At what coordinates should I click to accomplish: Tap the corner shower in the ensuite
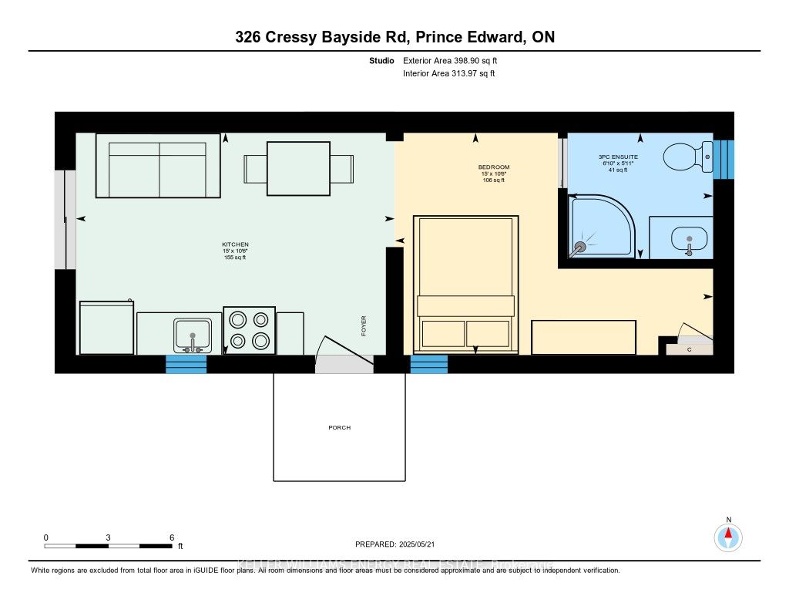pyautogui.click(x=601, y=224)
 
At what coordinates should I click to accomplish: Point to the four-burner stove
pyautogui.click(x=249, y=330)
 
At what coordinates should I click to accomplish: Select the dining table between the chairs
pyautogui.click(x=298, y=168)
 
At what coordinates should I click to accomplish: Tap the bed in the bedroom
pyautogui.click(x=465, y=284)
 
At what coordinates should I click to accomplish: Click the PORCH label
pyautogui.click(x=339, y=427)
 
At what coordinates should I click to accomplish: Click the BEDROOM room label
pyautogui.click(x=493, y=167)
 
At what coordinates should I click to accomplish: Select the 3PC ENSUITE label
pyautogui.click(x=618, y=157)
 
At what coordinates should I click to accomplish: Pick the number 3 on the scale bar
pyautogui.click(x=109, y=538)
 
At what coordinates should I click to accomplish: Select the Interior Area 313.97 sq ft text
pyautogui.click(x=448, y=74)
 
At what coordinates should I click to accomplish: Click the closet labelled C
pyautogui.click(x=689, y=349)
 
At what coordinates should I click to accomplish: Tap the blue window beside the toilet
pyautogui.click(x=724, y=160)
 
